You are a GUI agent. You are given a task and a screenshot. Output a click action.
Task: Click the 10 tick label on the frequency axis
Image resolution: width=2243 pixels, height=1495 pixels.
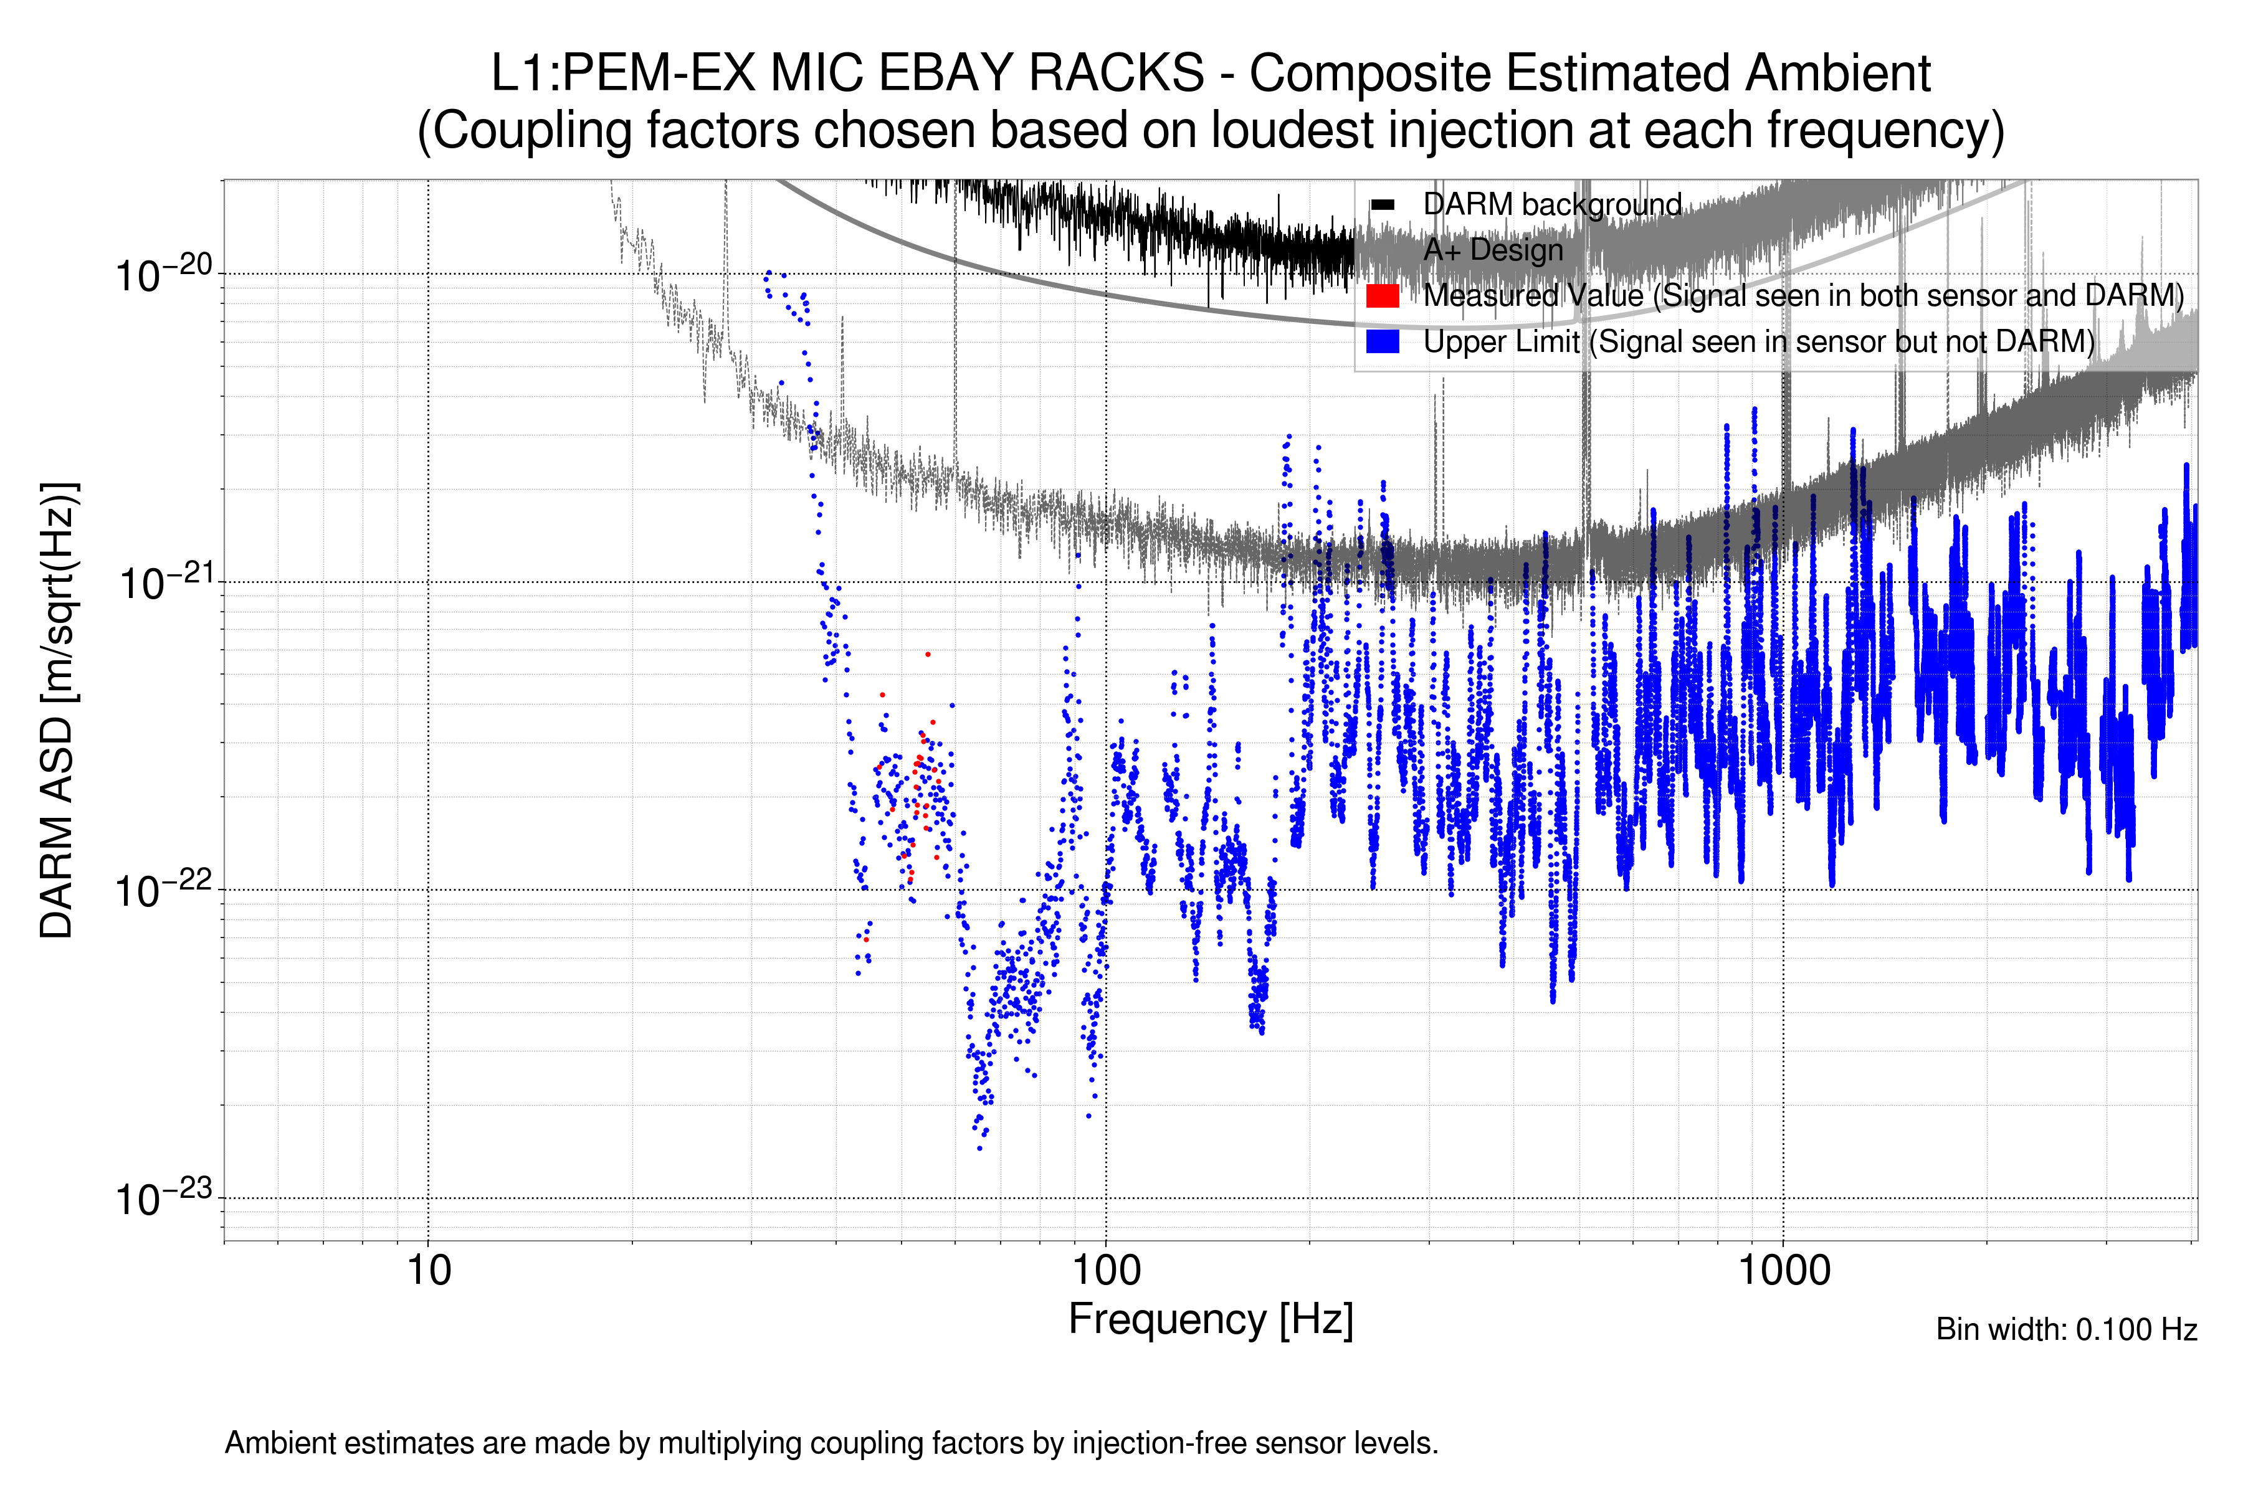(428, 1271)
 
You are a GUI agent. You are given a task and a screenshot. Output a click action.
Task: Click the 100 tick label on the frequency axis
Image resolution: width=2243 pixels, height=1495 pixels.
(1105, 1271)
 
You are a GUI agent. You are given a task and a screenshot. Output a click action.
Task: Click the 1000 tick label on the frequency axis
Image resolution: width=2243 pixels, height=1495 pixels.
(1783, 1271)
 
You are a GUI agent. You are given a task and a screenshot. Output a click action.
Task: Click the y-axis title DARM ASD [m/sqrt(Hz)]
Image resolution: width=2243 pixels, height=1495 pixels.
(57, 710)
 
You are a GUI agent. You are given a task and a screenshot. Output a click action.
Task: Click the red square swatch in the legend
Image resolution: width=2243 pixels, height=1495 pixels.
(1382, 295)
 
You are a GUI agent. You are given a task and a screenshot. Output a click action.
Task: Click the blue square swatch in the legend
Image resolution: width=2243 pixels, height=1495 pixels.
(1382, 341)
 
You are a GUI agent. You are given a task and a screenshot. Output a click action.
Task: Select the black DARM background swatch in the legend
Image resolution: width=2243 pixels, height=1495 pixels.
(1382, 205)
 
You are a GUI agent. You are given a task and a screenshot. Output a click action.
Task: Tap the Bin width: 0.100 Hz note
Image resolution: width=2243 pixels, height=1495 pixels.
(2065, 1329)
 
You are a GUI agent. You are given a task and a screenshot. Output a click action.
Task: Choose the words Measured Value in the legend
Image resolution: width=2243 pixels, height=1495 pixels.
(1533, 295)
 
